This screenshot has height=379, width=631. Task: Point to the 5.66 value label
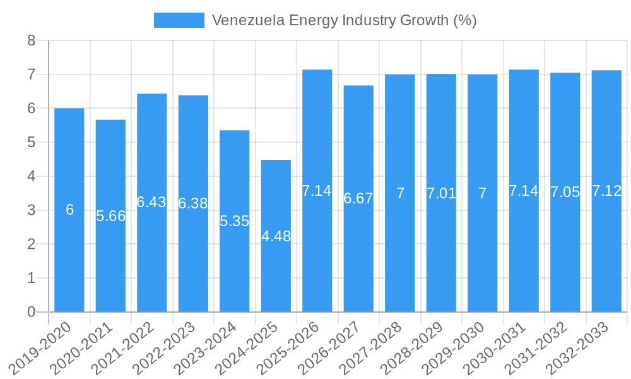coord(111,216)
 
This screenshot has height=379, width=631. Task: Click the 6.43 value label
coord(151,202)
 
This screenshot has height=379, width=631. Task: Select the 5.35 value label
coord(235,221)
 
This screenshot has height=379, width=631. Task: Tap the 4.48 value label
coord(276,236)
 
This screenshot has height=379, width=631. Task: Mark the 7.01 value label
coord(441,193)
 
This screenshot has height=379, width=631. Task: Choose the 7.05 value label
coord(565,193)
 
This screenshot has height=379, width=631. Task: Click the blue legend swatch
coord(179,20)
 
